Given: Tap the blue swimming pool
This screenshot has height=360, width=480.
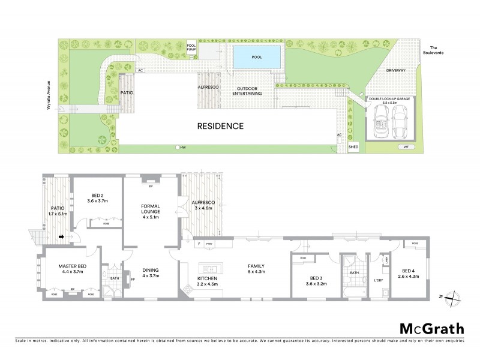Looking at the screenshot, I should coord(257,58).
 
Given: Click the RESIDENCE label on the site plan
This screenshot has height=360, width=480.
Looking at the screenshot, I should coord(221,127).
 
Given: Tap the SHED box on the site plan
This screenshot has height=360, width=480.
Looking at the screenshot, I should coord(354,146).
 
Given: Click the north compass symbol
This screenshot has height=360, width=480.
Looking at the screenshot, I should coord(454,295).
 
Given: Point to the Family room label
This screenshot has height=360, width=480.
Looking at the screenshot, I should coord(257,269).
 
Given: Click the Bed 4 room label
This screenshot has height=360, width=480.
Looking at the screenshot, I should coord(412,272).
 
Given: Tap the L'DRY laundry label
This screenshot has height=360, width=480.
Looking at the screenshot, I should coord(379,281).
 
